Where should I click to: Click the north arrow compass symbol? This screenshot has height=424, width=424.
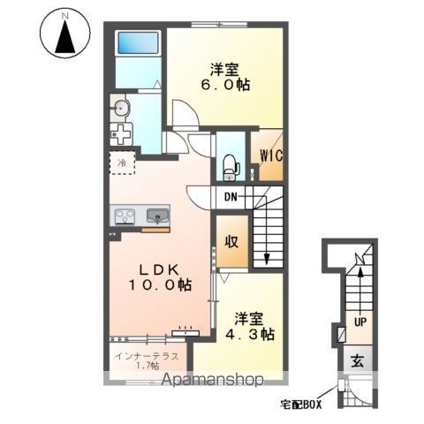[65, 34]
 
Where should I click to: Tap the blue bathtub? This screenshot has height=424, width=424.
[139, 43]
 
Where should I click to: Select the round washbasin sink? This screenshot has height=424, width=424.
[121, 109]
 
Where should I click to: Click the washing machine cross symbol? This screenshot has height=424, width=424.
[121, 134]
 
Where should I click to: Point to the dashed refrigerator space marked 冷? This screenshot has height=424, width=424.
[122, 163]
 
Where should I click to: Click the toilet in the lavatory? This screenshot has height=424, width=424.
[231, 168]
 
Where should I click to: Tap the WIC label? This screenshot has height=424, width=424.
[270, 155]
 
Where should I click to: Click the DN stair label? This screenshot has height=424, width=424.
[231, 197]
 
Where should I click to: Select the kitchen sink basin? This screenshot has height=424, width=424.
[158, 216]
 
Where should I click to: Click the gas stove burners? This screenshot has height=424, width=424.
[125, 216]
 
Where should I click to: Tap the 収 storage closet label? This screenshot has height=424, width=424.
[231, 242]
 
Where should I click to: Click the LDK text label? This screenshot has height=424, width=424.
[159, 269]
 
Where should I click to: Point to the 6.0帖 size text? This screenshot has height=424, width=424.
[225, 86]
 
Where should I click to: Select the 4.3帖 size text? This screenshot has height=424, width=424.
[250, 334]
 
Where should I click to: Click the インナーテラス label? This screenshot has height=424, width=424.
[147, 356]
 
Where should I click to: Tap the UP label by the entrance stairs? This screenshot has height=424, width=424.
[360, 322]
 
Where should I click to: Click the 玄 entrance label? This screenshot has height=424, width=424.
[358, 361]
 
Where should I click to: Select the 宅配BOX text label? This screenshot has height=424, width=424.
[300, 405]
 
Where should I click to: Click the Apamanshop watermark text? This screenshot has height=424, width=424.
[213, 380]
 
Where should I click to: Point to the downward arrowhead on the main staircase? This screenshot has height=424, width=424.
[267, 259]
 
